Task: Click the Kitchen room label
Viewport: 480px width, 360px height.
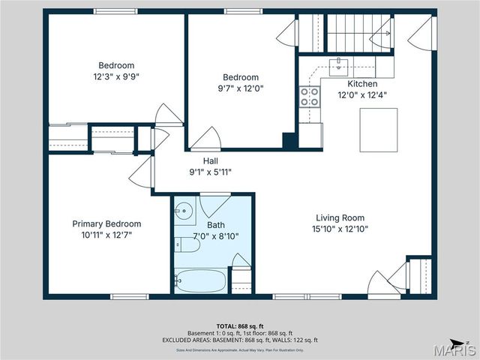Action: point(357,84)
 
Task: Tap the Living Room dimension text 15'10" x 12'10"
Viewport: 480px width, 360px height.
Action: point(341,229)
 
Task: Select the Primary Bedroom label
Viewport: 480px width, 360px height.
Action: point(106,223)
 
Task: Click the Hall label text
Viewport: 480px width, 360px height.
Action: point(211,160)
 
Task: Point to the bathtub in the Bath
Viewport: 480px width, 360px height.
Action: point(200,281)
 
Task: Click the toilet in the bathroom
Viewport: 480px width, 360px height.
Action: point(186,244)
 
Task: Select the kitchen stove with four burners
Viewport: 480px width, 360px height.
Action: point(309,96)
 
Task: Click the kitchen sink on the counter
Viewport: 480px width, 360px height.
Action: point(339,64)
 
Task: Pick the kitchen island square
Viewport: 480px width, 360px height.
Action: point(378,130)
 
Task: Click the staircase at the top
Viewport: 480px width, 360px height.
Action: point(349,32)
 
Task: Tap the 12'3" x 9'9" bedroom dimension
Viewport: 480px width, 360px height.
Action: point(115,76)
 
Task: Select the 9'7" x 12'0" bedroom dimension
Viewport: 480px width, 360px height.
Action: point(240,88)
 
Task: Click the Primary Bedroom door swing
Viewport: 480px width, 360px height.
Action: point(141,172)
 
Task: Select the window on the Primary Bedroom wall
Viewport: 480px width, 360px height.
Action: point(129,297)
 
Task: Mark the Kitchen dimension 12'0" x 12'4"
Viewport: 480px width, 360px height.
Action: point(357,94)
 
